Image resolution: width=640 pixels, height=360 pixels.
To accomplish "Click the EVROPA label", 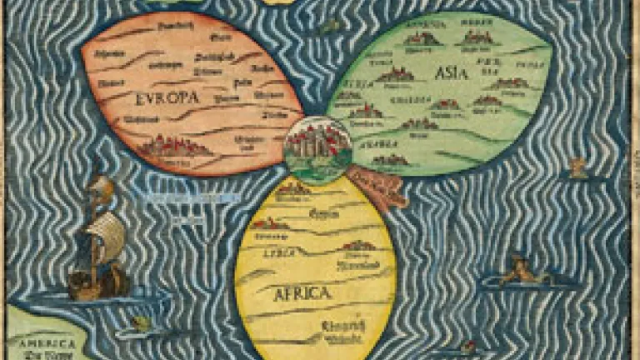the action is click(x=167, y=98).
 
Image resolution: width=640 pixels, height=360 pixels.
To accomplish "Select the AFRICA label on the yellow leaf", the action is click(x=302, y=292).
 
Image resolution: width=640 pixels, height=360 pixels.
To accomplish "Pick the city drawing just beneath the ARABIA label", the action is click(x=390, y=158).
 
